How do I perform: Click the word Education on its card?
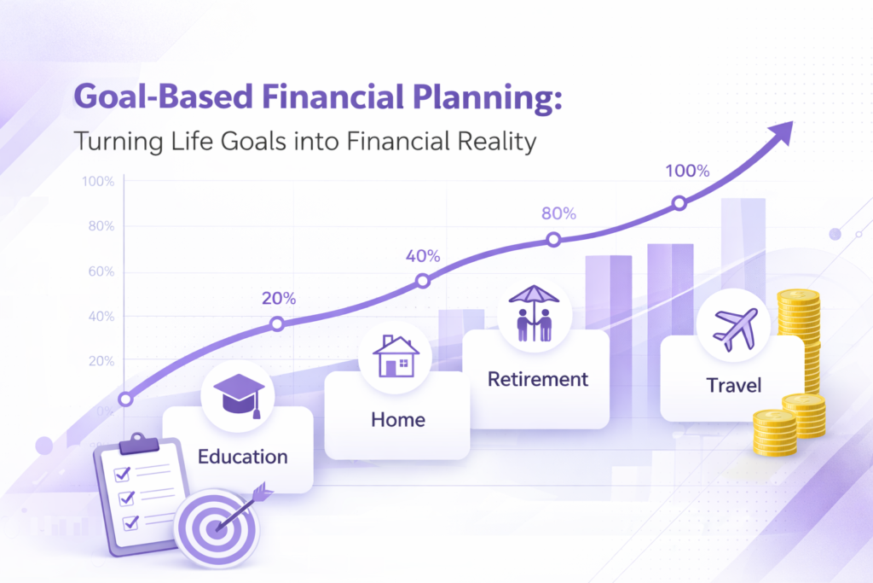pyautogui.click(x=242, y=457)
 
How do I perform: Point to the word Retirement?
pyautogui.click(x=537, y=379)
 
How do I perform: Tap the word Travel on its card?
pyautogui.click(x=733, y=386)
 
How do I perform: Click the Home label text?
pyautogui.click(x=397, y=420)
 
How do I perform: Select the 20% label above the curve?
pyautogui.click(x=279, y=299)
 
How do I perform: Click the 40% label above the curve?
pyautogui.click(x=423, y=256)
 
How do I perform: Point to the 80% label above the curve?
pyautogui.click(x=558, y=214)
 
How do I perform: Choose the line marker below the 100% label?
pyautogui.click(x=679, y=203)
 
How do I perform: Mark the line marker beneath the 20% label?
pyautogui.click(x=277, y=324)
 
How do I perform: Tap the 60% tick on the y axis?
pyautogui.click(x=99, y=272)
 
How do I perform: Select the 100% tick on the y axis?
pyautogui.click(x=97, y=181)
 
